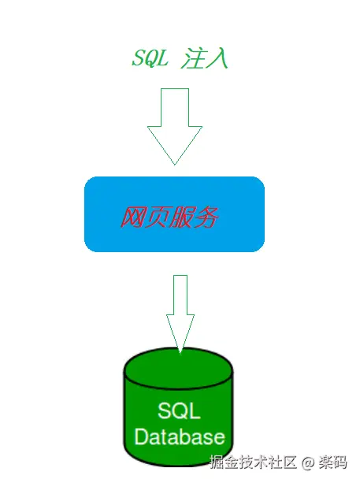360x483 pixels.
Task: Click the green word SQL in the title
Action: [149, 59]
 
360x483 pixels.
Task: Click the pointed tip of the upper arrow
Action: [174, 162]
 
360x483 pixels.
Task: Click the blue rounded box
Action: [174, 214]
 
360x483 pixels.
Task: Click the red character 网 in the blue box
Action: [132, 217]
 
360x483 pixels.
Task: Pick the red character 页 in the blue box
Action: [157, 217]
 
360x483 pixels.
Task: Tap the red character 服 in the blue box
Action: [181, 217]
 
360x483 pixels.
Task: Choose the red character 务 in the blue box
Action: [206, 217]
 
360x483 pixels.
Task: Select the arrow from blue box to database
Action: [180, 311]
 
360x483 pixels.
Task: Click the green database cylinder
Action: [179, 410]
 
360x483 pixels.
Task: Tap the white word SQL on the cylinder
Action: [179, 411]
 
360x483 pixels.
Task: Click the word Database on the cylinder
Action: [180, 437]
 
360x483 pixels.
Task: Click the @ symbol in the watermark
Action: [309, 462]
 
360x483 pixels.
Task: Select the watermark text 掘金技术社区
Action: [254, 462]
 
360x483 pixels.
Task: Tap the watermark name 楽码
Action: [335, 462]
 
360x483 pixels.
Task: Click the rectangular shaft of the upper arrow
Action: [174, 106]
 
